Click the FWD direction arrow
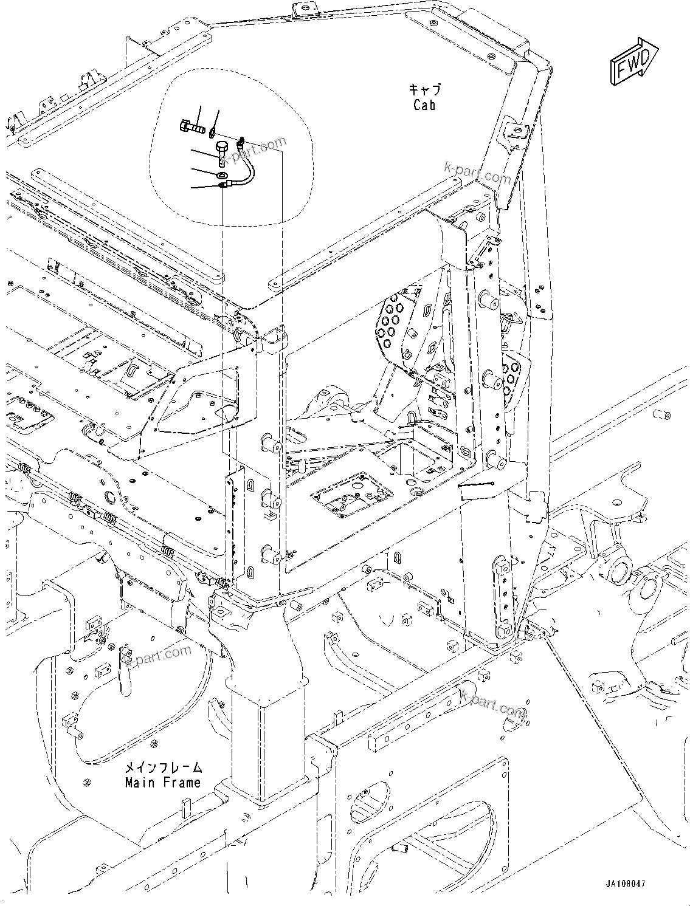coord(633,62)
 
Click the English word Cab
coord(424,105)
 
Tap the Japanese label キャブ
coord(424,90)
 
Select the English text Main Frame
coord(162,783)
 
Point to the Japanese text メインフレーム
coord(162,767)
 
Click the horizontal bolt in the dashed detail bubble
coord(193,128)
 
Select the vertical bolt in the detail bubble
coord(222,153)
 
